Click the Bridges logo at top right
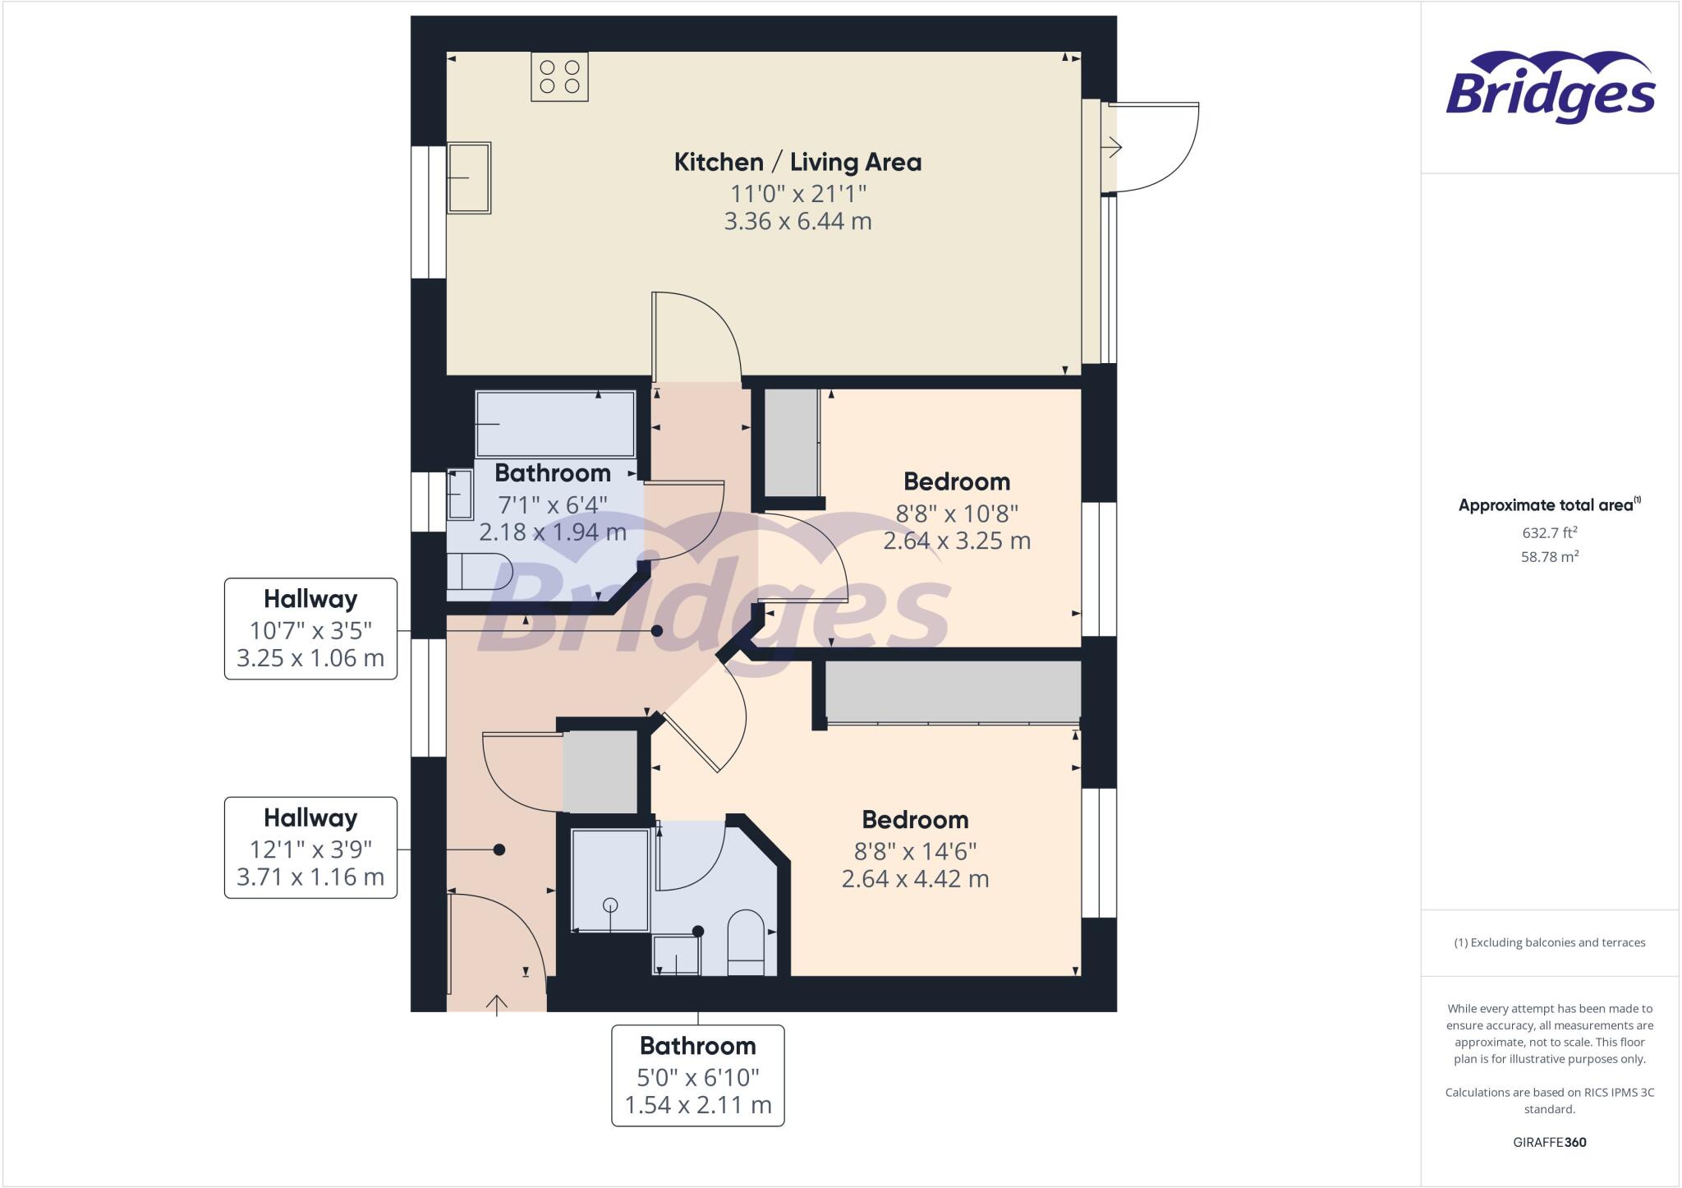[1550, 89]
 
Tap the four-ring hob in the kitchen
[559, 76]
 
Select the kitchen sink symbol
[469, 177]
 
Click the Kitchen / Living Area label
[797, 163]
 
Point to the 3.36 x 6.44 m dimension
[797, 221]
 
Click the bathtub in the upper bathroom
[556, 423]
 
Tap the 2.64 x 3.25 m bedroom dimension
[957, 541]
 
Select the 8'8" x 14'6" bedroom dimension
[915, 851]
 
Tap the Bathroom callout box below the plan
[698, 1075]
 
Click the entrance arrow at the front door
[497, 1004]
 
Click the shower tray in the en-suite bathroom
[610, 880]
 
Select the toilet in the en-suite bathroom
[746, 941]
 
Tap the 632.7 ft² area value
[1550, 532]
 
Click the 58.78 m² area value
[1550, 556]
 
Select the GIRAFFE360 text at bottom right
[1550, 1142]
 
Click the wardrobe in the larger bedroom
[953, 692]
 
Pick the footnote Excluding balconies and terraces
[1550, 942]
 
